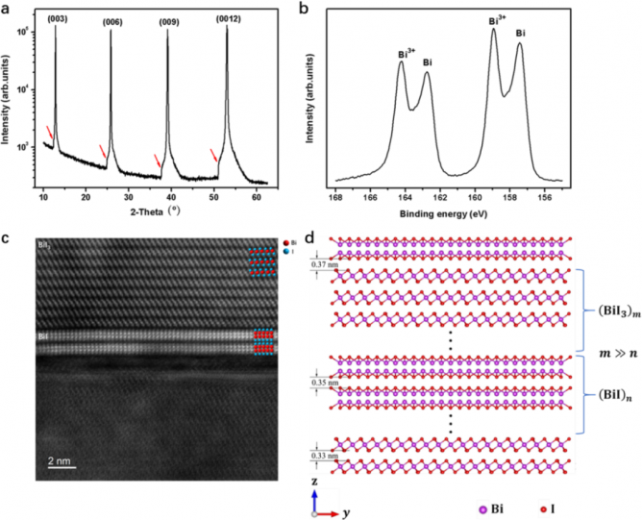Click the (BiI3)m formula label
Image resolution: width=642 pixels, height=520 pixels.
tap(611, 310)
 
